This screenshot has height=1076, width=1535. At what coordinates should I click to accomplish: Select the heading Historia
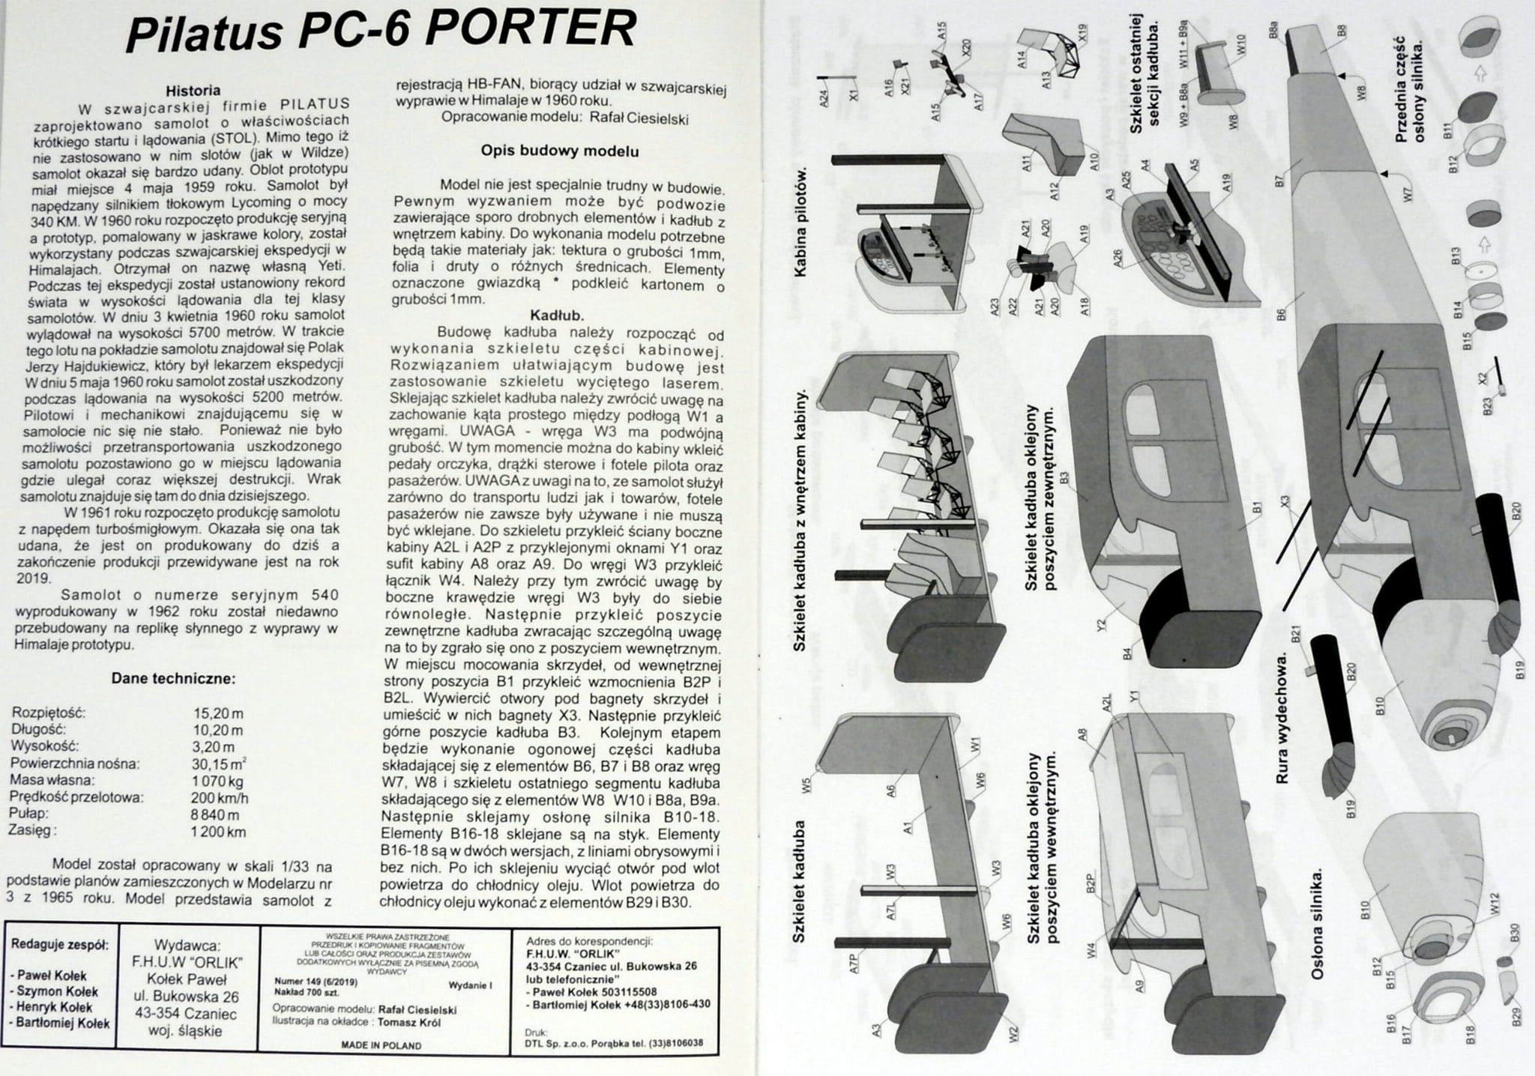[193, 90]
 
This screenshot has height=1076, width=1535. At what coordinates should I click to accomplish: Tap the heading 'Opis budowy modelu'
[559, 151]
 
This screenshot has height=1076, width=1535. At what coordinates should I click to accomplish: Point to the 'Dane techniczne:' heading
[174, 679]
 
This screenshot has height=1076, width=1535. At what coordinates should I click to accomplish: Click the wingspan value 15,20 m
[218, 713]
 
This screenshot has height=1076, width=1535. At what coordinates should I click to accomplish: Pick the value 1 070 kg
[218, 780]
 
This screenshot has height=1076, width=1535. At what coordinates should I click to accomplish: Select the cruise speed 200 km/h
[220, 797]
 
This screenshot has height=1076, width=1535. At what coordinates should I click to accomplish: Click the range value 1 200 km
[218, 831]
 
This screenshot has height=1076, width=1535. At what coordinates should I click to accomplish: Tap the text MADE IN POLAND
[381, 1045]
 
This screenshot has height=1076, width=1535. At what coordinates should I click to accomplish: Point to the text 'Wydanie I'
[470, 985]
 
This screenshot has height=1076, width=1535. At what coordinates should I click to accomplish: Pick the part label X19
[1082, 33]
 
